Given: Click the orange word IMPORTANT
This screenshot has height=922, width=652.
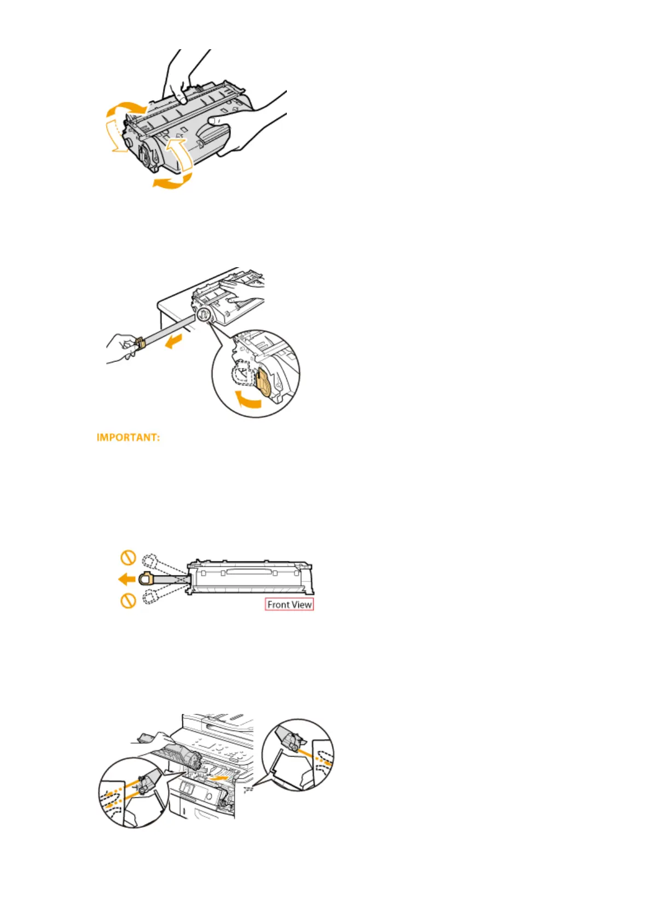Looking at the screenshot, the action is pos(128,438).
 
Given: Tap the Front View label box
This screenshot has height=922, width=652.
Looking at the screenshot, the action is pos(289,604).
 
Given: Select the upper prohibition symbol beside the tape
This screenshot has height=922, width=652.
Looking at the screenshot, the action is pos(128,558).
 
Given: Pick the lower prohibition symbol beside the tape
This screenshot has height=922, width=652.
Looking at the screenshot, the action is pos(128,601).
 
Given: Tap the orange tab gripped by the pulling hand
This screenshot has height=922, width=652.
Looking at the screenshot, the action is pos(139,344).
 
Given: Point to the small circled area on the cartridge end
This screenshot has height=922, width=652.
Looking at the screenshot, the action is pos(202,315).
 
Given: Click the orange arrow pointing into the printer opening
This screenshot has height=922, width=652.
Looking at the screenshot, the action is pos(221,776).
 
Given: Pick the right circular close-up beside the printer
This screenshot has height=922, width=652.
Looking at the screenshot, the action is pos(298,754).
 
